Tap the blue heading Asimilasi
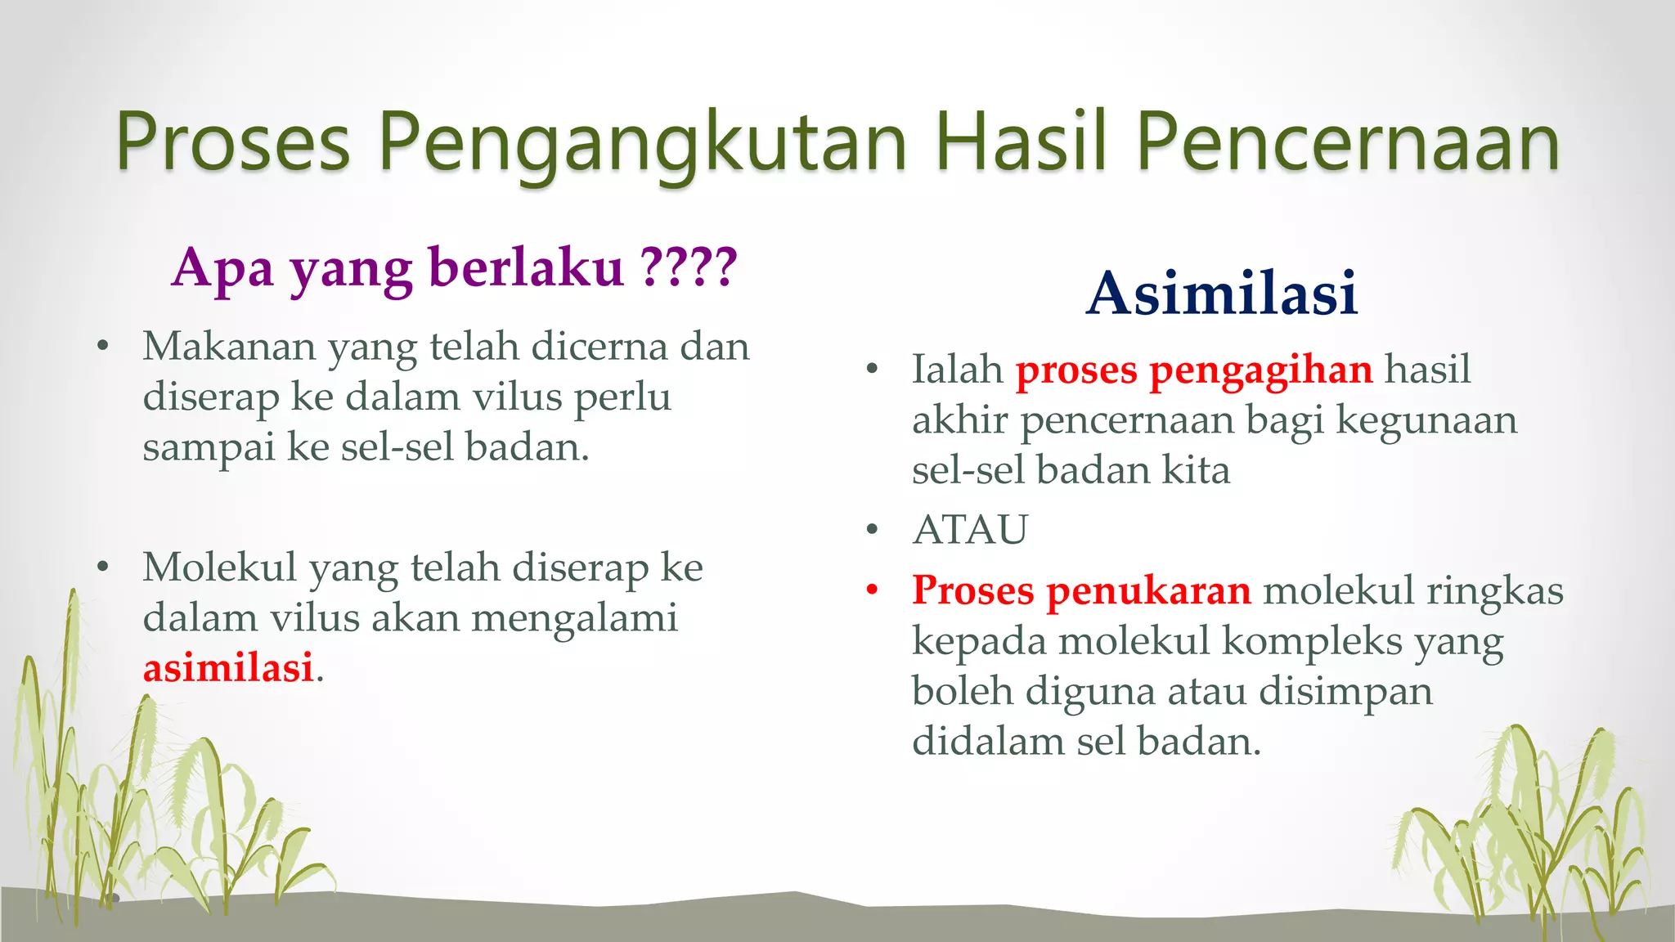pos(1222,293)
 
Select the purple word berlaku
pos(526,267)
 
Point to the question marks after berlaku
pos(689,267)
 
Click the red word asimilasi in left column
pos(228,667)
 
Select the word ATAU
pos(970,529)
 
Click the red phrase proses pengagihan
pos(1193,370)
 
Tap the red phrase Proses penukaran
pos(1081,590)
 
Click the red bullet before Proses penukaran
pos(872,590)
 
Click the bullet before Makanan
pos(102,347)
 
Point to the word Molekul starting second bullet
pos(219,567)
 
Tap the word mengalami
pos(574,618)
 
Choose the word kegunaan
pos(1426,420)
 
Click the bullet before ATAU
pos(872,530)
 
